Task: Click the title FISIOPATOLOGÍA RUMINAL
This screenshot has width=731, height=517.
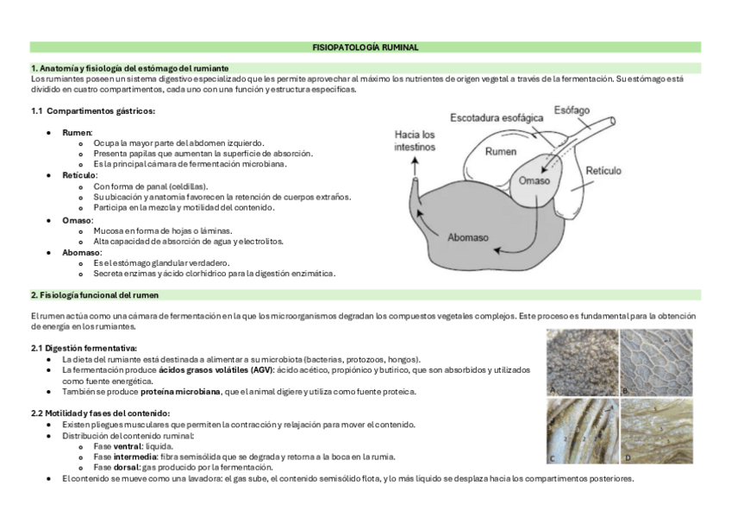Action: (365, 47)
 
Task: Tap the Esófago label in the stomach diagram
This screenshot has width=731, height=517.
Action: (572, 111)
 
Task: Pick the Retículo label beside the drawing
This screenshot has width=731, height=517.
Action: (603, 171)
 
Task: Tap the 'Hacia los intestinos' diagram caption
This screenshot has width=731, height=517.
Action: (415, 141)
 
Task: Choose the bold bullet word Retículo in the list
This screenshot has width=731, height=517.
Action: (79, 175)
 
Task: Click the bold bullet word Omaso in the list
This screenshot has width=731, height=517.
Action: (78, 220)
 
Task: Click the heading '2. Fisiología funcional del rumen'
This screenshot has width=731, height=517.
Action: (94, 295)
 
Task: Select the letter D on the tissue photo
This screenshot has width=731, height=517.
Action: (626, 457)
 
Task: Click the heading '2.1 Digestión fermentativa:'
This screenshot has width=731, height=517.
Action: (84, 348)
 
